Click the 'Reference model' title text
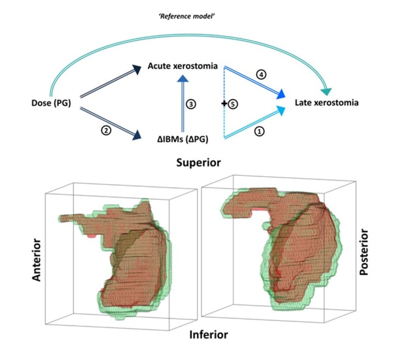(187, 16)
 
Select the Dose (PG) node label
(51, 103)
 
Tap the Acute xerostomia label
(182, 66)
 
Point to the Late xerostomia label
(327, 103)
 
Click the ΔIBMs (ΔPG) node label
(182, 139)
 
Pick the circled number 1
(260, 131)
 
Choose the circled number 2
(106, 130)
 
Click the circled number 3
(191, 104)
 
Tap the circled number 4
(261, 74)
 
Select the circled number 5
(233, 104)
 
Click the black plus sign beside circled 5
(224, 104)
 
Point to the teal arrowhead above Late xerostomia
(326, 92)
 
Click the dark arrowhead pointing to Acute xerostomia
(136, 69)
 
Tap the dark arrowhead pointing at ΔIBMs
(137, 135)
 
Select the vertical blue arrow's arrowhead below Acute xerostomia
(182, 79)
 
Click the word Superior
(199, 163)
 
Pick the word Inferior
(208, 335)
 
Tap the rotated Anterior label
(37, 260)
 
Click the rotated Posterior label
(364, 252)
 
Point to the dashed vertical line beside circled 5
(224, 102)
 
